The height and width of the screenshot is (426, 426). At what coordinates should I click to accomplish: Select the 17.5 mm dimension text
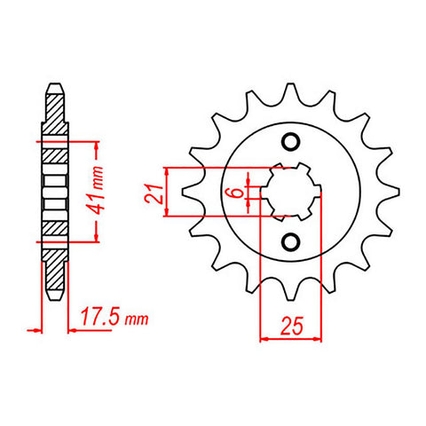pyautogui.click(x=110, y=317)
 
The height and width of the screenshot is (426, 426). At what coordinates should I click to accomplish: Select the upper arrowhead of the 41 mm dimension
pyautogui.click(x=95, y=146)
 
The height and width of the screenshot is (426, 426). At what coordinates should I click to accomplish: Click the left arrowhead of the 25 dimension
pyautogui.click(x=264, y=337)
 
